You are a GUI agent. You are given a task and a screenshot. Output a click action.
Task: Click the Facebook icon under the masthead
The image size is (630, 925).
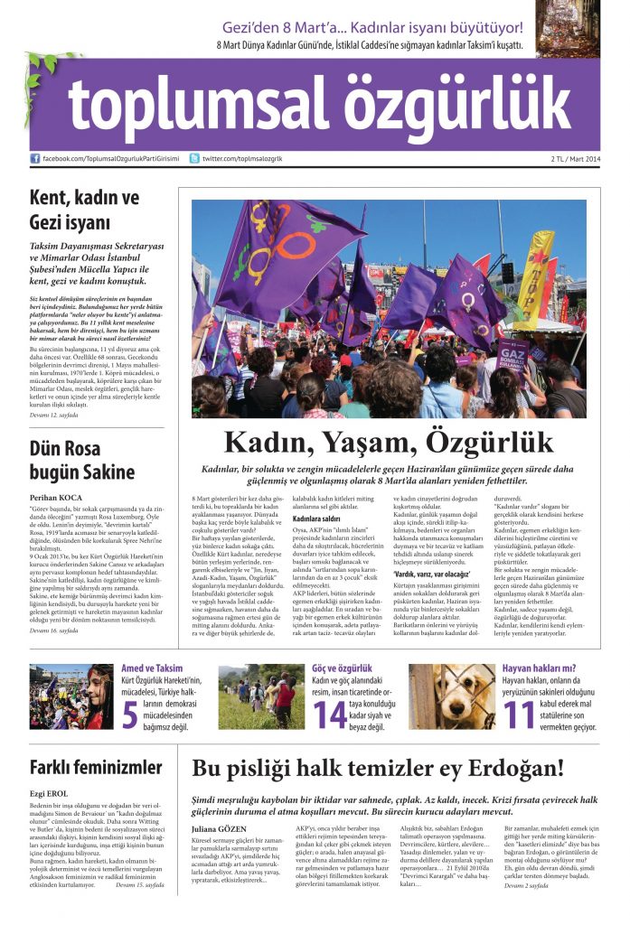[x=35, y=159]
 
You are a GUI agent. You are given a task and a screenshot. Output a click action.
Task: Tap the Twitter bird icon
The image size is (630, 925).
[x=194, y=159]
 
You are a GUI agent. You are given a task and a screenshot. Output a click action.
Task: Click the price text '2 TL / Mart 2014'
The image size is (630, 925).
[x=575, y=160]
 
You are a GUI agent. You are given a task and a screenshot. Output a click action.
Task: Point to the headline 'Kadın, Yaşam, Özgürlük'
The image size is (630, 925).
[x=388, y=443]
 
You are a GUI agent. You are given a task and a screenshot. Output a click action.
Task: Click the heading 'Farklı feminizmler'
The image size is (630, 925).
[x=96, y=768]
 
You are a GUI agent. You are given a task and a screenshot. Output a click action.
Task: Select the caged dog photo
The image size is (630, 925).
[x=451, y=696]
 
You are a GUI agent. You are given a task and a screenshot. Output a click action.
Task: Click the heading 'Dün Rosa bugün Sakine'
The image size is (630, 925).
[x=82, y=460]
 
